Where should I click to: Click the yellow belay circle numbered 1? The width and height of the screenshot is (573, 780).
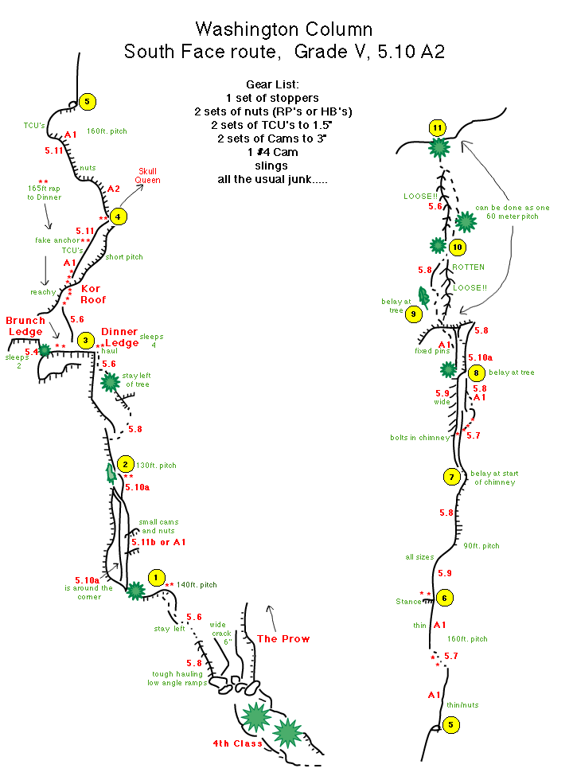click(157, 578)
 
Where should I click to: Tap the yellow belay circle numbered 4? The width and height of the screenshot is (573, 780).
click(119, 216)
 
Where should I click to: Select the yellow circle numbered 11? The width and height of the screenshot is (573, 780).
click(436, 127)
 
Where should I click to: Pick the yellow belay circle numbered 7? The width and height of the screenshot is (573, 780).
click(451, 477)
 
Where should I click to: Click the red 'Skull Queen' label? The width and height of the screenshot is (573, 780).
click(149, 176)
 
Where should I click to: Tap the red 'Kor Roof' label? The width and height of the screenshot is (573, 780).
click(93, 294)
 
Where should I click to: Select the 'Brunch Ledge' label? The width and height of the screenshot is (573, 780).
click(26, 326)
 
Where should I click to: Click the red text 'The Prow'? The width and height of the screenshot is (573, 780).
click(283, 638)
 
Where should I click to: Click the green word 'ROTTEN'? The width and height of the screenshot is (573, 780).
click(468, 267)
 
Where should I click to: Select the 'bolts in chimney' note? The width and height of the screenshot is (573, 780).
click(419, 437)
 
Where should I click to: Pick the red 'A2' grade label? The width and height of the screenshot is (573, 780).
click(114, 189)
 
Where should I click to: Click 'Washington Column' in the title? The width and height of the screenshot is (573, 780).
click(283, 30)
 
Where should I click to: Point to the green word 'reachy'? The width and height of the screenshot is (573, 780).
click(43, 292)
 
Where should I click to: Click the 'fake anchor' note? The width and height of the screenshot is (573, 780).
click(57, 240)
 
